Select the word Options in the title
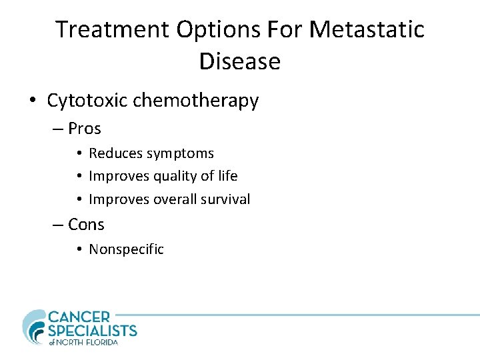click(211, 29)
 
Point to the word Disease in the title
click(240, 61)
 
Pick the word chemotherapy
click(196, 101)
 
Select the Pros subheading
click(84, 128)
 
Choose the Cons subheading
click(86, 225)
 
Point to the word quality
click(174, 177)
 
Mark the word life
click(227, 176)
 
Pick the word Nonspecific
click(126, 249)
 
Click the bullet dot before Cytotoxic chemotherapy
click(32, 101)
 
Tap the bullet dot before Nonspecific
click(79, 249)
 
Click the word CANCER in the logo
click(79, 317)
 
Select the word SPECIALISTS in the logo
click(92, 331)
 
